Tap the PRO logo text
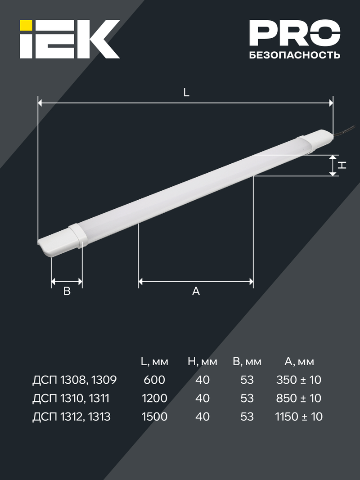[294, 33]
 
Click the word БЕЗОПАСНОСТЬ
[294, 55]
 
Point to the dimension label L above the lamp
[186, 93]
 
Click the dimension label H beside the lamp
[342, 165]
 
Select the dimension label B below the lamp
[67, 291]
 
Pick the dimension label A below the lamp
[196, 291]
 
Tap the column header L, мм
[154, 362]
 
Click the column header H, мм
[202, 362]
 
